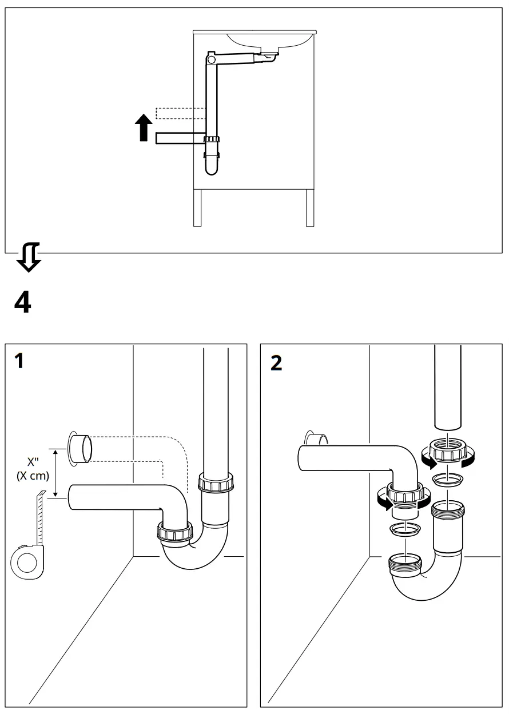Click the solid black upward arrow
(145, 127)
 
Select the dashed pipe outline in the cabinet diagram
(180, 113)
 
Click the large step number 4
(22, 301)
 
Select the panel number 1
(19, 361)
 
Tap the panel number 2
(276, 363)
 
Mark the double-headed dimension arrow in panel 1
(55, 473)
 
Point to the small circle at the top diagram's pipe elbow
(210, 59)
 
